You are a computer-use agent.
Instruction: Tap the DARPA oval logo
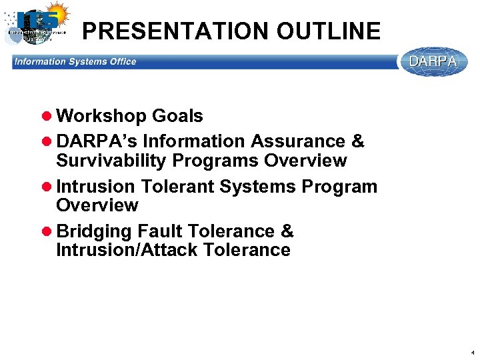click(x=433, y=61)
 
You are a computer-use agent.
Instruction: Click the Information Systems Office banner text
click(x=75, y=62)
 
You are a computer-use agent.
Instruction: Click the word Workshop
click(x=101, y=116)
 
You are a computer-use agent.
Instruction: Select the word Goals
click(x=177, y=116)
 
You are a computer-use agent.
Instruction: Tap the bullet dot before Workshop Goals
click(x=47, y=117)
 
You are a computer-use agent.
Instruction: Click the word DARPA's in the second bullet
click(x=97, y=141)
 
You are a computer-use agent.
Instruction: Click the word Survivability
click(x=111, y=161)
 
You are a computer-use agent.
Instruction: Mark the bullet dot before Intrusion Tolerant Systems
click(x=47, y=187)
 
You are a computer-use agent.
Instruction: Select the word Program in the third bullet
click(x=339, y=187)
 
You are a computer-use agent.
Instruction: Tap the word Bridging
click(x=95, y=231)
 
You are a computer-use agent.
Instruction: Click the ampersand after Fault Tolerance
click(x=287, y=231)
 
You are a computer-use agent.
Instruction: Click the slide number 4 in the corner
click(x=472, y=352)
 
